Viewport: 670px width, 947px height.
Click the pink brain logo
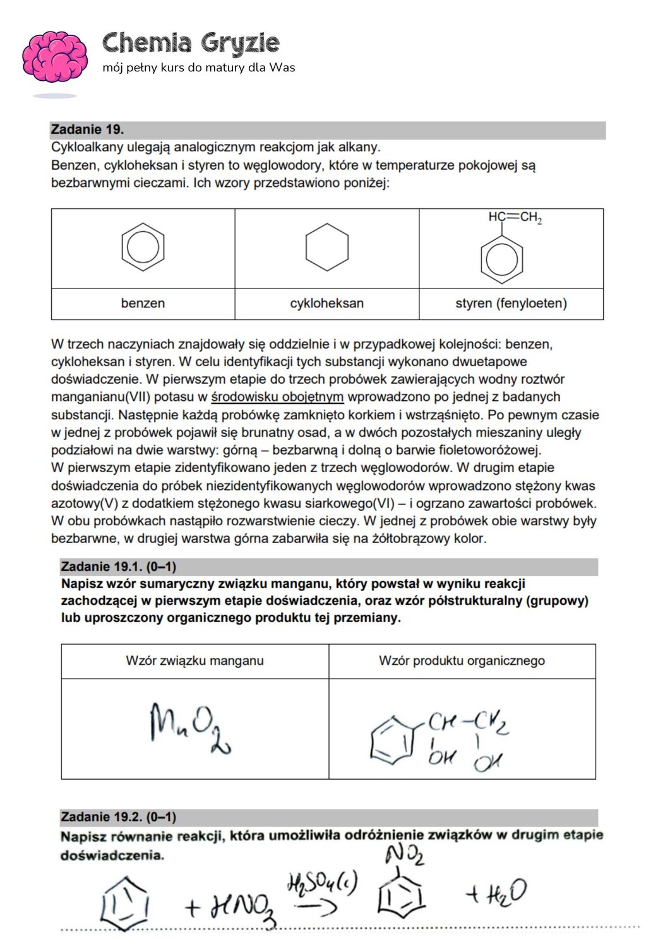[55, 59]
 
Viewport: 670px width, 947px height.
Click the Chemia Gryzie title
[191, 44]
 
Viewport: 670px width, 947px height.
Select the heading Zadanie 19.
[87, 129]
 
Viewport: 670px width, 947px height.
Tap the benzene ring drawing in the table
[143, 247]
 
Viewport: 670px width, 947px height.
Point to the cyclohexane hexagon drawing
[326, 247]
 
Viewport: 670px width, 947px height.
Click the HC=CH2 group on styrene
[515, 218]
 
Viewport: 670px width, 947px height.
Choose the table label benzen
[143, 304]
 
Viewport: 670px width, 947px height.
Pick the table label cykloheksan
[326, 304]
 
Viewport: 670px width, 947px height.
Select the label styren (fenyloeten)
[511, 304]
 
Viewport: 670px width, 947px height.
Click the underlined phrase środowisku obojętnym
[277, 397]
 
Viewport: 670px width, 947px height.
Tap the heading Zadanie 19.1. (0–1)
[118, 566]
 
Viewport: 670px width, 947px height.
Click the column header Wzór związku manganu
[194, 661]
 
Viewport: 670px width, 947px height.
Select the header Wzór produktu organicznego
[462, 661]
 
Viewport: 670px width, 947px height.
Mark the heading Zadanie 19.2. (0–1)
[118, 817]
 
